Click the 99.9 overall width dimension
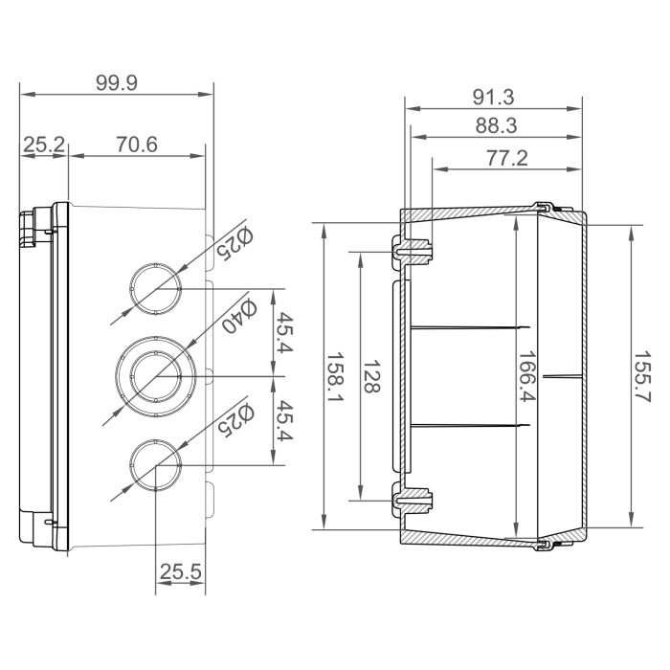117,83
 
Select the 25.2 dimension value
44,145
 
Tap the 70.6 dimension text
136,145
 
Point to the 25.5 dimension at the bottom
180,572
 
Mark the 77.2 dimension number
506,158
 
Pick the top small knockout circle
154,286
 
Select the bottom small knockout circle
154,464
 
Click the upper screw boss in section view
413,251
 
